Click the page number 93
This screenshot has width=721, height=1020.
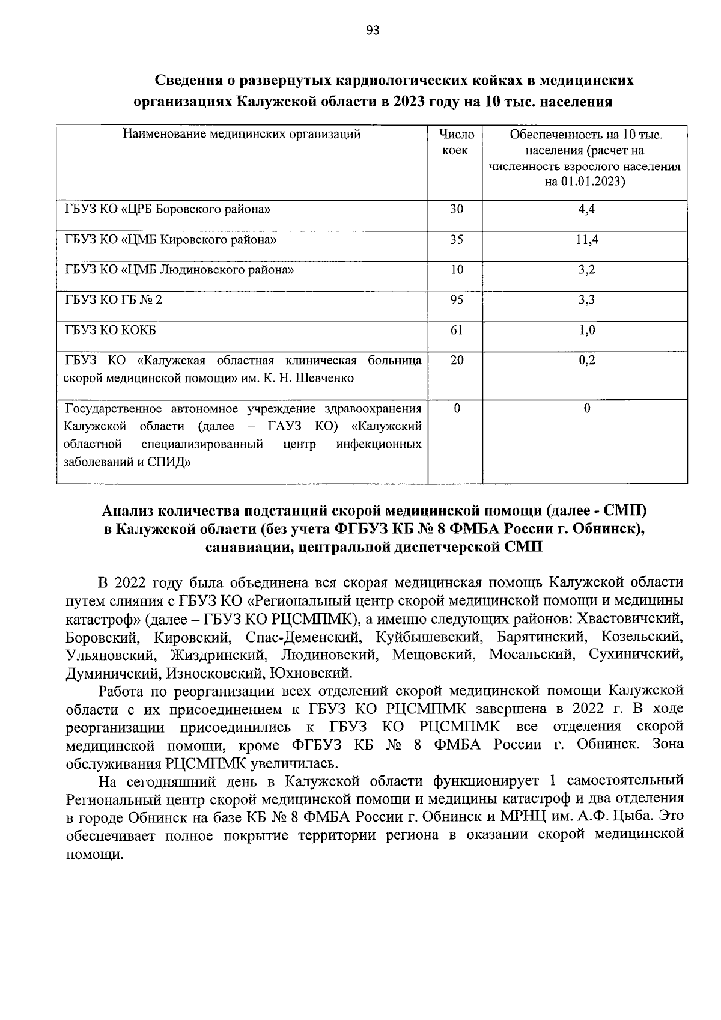373,31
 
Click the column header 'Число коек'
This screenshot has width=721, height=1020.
455,142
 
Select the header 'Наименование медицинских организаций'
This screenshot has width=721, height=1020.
242,134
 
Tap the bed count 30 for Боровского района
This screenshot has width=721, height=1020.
457,209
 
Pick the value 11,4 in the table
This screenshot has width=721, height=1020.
586,239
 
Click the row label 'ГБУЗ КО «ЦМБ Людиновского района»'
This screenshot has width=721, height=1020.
179,270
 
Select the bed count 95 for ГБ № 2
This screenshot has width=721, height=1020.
457,299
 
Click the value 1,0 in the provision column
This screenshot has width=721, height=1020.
586,330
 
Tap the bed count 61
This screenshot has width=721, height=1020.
457,330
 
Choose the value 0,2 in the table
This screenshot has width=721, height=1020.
586,360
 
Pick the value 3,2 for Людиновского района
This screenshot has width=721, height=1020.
586,270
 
